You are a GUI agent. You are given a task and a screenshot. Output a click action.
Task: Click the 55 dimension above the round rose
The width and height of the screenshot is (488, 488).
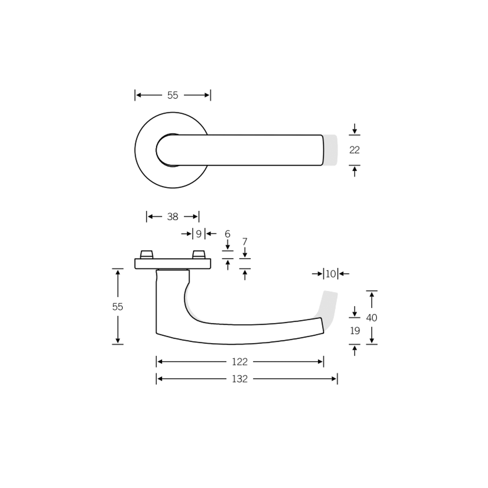(172, 95)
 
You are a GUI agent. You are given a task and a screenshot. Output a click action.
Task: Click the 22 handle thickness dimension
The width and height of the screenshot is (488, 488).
(354, 150)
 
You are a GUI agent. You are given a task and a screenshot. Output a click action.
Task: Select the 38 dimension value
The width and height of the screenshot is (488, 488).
(172, 217)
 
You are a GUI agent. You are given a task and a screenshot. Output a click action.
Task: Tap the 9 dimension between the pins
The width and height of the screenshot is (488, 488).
(199, 234)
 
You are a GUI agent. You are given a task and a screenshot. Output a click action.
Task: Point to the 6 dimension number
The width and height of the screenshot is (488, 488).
(227, 234)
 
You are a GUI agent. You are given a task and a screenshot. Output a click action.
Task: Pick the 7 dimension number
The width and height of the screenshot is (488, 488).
(245, 242)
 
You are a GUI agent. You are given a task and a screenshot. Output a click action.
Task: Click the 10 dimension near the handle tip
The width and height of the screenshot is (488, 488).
(331, 274)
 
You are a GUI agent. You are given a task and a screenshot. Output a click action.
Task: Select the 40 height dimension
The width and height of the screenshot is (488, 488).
(372, 318)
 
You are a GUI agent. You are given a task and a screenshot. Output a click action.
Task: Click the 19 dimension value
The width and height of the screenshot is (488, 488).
(355, 331)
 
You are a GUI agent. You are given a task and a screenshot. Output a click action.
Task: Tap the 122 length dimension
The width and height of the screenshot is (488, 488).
(240, 362)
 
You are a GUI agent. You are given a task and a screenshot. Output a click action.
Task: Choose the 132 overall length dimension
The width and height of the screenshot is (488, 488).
(240, 379)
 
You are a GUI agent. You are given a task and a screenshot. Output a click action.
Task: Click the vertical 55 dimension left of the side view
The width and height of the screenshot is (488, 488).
(118, 307)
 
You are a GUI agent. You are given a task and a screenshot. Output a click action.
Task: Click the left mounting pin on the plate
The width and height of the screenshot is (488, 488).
(146, 254)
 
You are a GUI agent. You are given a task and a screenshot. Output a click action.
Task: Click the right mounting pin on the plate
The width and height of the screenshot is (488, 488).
(199, 254)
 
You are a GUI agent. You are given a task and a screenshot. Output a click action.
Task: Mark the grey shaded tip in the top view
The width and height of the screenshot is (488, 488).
(330, 150)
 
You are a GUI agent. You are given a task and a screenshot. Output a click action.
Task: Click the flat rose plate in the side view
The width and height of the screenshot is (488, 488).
(172, 264)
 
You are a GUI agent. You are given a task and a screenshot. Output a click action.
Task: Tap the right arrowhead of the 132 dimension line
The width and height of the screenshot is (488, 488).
(335, 379)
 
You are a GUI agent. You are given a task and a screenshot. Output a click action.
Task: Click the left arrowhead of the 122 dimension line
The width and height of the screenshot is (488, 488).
(160, 362)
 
